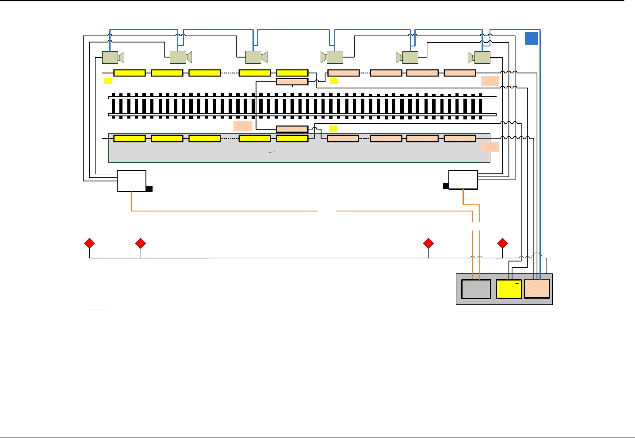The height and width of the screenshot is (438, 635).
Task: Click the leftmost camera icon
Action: pyautogui.click(x=112, y=58)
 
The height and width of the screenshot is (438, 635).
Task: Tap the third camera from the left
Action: pyautogui.click(x=256, y=58)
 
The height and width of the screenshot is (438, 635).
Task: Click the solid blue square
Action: pyautogui.click(x=531, y=38)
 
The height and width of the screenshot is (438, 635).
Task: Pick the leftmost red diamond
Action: pyautogui.click(x=90, y=243)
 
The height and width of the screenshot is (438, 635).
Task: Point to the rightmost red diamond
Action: pyautogui.click(x=502, y=243)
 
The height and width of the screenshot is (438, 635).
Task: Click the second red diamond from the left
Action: pyautogui.click(x=141, y=243)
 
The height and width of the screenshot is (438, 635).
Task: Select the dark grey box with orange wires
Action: pyautogui.click(x=476, y=289)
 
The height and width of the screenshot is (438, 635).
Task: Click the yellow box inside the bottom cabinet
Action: pyautogui.click(x=509, y=289)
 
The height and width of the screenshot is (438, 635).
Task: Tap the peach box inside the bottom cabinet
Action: pyautogui.click(x=537, y=289)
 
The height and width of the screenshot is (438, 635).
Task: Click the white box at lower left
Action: pyautogui.click(x=131, y=181)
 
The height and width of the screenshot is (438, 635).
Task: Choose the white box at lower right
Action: pyautogui.click(x=463, y=180)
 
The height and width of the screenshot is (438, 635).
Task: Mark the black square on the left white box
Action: pyautogui.click(x=149, y=189)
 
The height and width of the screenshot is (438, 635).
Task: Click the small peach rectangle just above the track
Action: pyautogui.click(x=292, y=82)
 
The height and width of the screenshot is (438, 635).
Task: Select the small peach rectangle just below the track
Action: pyautogui.click(x=292, y=129)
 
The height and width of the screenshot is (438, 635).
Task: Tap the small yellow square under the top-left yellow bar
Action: pyautogui.click(x=108, y=81)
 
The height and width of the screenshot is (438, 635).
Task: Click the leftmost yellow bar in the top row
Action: pyautogui.click(x=130, y=73)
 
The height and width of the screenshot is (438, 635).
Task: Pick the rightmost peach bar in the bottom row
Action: pyautogui.click(x=460, y=138)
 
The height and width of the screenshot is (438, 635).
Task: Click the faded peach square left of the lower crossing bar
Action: pyautogui.click(x=243, y=126)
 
